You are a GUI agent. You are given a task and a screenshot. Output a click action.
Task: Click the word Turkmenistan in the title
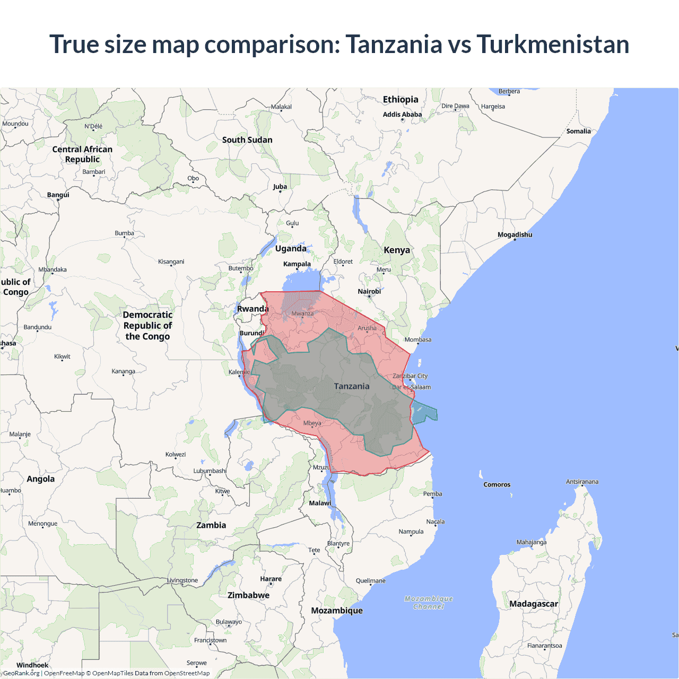coord(553,44)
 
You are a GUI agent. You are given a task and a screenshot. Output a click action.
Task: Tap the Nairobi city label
coord(369,291)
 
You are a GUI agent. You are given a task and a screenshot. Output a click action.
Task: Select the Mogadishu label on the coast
coord(515,234)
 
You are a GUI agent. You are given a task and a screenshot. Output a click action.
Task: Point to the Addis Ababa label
coord(402,114)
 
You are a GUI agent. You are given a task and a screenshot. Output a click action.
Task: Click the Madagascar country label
coord(534,604)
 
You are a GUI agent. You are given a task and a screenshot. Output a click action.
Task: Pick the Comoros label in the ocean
coord(497,484)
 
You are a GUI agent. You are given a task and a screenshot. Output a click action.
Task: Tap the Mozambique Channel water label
coord(429,603)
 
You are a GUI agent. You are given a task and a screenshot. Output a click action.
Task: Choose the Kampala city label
coord(297,264)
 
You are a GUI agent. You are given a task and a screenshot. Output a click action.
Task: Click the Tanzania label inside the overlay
coord(352,386)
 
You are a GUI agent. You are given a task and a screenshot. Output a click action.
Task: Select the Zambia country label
coord(211,525)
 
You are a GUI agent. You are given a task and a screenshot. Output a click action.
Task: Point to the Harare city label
coord(271,579)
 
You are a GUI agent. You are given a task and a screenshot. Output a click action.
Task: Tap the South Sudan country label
coord(247,140)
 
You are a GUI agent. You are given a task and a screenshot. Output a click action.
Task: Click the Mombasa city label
coord(418,339)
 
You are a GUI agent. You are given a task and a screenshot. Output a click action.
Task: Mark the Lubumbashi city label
coord(210,471)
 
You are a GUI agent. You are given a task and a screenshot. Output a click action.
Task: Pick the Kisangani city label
coord(171,262)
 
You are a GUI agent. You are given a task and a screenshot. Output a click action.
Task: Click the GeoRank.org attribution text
coord(21,673)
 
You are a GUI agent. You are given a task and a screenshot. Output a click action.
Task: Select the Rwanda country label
coord(253,309)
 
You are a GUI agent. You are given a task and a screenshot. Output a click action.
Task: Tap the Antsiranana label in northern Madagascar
coord(582,482)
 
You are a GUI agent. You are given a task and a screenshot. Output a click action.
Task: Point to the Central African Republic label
coord(82,154)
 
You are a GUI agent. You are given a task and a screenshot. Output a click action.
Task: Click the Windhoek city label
coord(32,665)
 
